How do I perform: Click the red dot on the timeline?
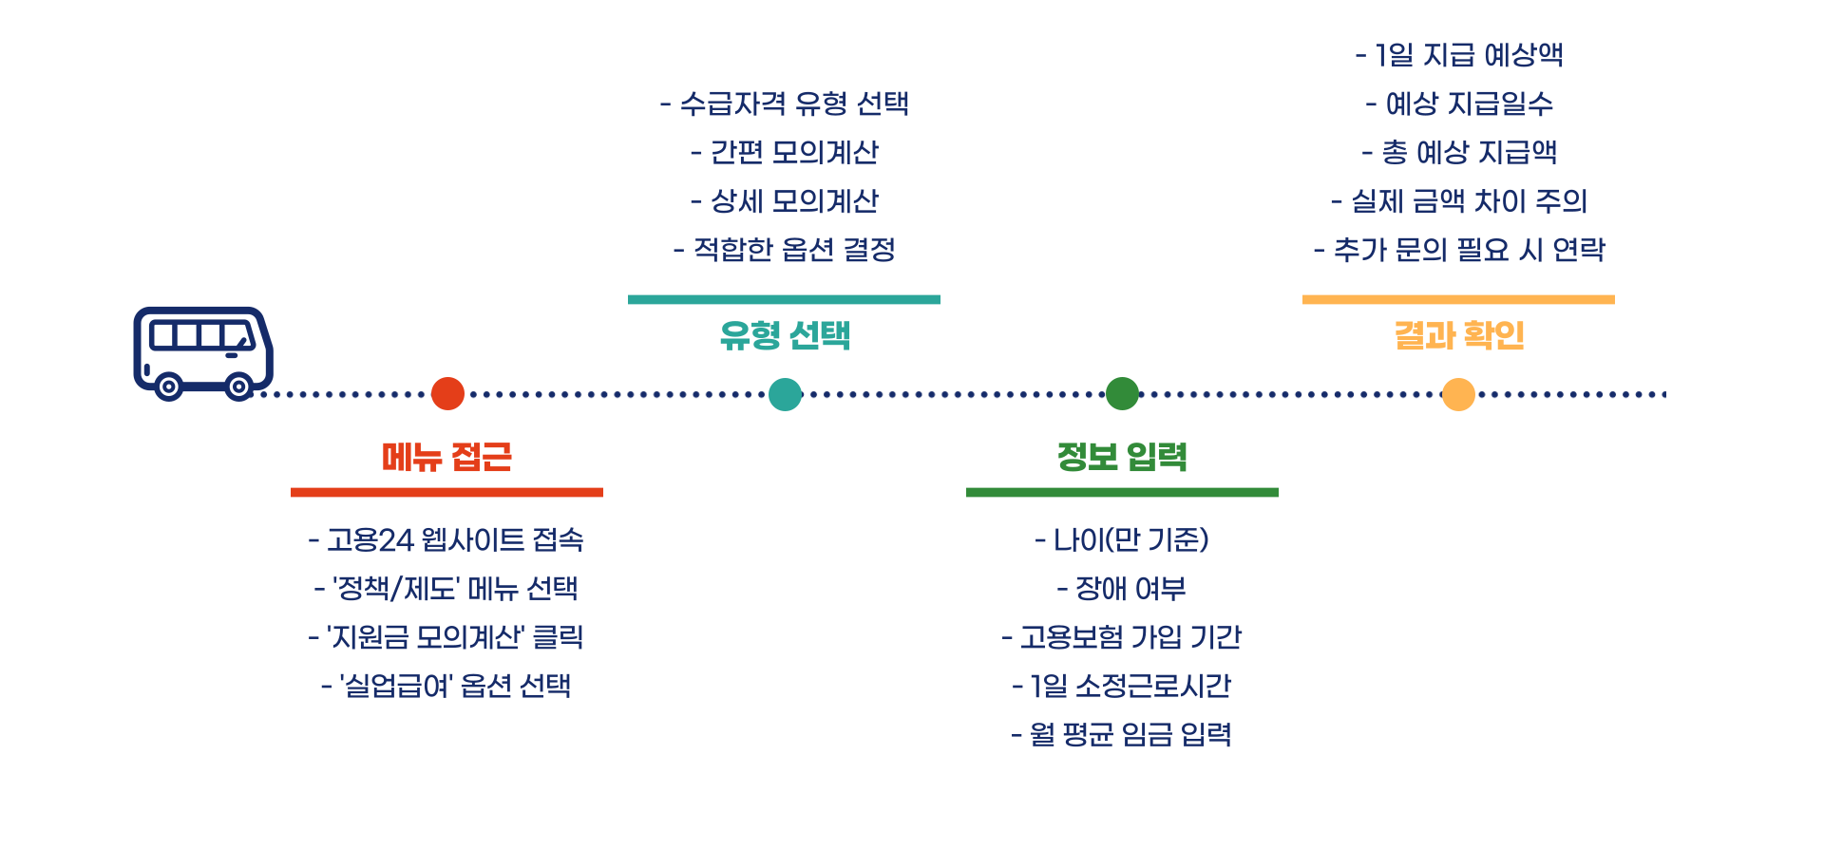(x=447, y=393)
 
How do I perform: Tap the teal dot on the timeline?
(x=785, y=393)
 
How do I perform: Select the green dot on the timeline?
(x=1122, y=393)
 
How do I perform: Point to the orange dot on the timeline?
(x=1458, y=393)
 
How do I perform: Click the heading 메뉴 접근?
(x=446, y=457)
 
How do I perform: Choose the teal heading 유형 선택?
(x=785, y=335)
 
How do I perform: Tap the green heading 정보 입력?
(x=1122, y=457)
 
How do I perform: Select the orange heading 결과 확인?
(x=1458, y=335)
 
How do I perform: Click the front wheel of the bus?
(x=238, y=387)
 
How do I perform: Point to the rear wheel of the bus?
(x=168, y=387)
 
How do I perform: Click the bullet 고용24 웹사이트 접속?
(x=446, y=540)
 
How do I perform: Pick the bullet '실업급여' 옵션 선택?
(x=446, y=686)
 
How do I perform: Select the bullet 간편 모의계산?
(x=785, y=152)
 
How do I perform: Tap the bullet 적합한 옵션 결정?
(x=785, y=250)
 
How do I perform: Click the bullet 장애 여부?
(x=1122, y=589)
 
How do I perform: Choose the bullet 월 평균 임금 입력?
(x=1122, y=734)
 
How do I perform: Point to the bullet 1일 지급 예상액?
(x=1459, y=55)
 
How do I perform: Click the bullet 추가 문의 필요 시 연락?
(x=1459, y=250)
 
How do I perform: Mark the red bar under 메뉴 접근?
(x=446, y=492)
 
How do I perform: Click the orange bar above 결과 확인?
(x=1458, y=299)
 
